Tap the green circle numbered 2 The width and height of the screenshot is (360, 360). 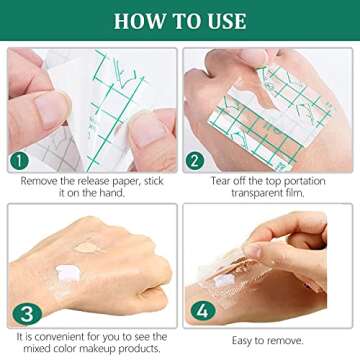click(194, 160)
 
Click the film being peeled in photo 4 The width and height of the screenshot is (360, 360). click(250, 275)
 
